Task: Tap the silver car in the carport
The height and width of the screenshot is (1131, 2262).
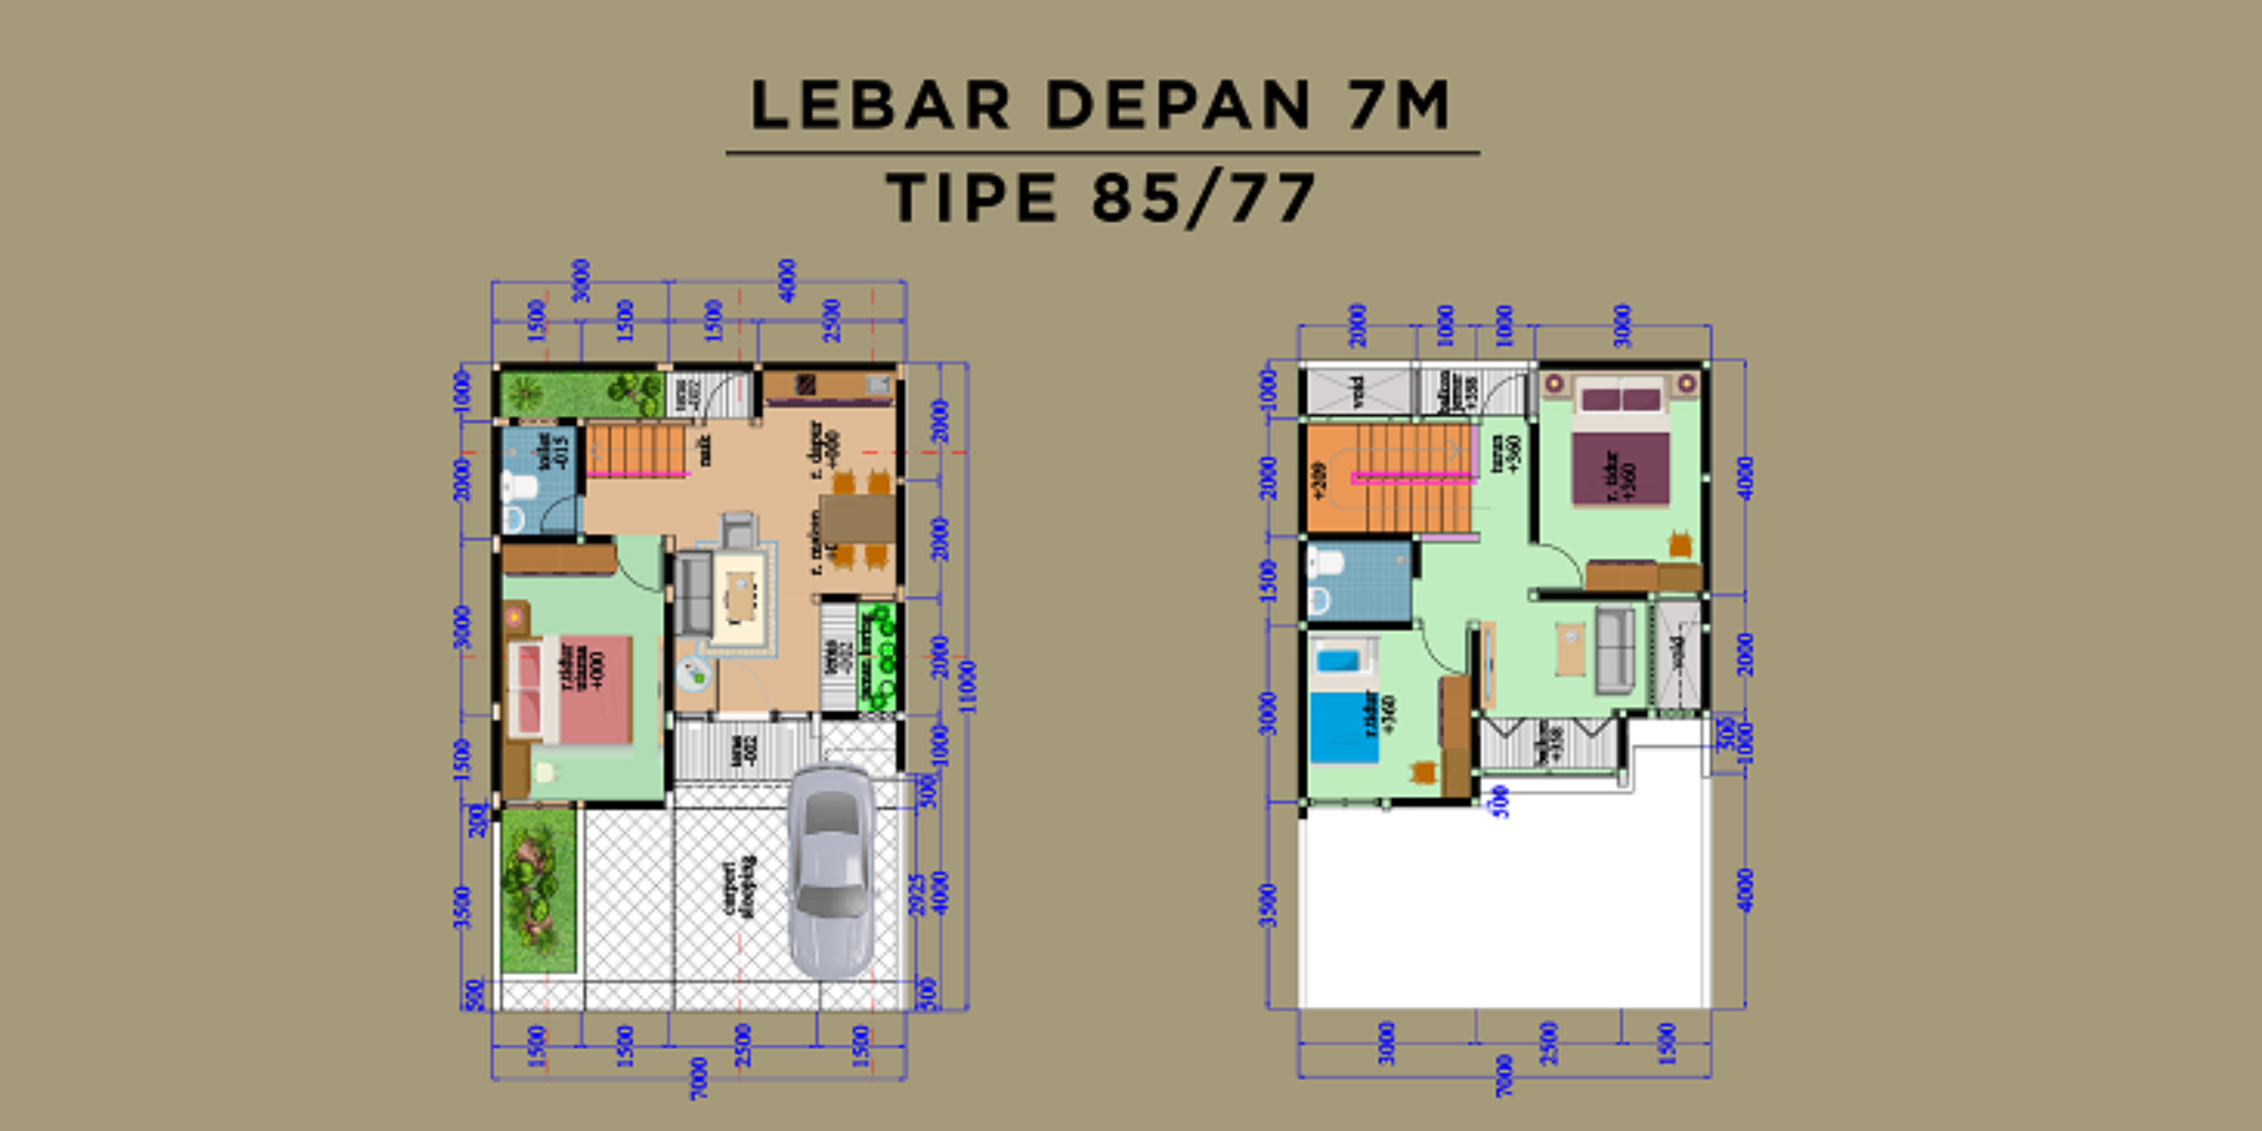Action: pos(830,869)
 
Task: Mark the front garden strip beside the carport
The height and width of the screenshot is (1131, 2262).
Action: pos(537,889)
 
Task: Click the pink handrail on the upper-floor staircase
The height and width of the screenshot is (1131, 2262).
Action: pos(1414,478)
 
